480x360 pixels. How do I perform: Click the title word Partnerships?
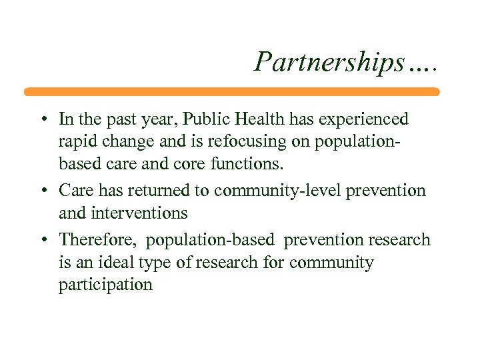(x=330, y=62)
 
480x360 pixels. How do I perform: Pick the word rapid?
(x=77, y=143)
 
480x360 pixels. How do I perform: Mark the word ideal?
(x=111, y=263)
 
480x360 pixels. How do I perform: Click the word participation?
(x=105, y=286)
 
